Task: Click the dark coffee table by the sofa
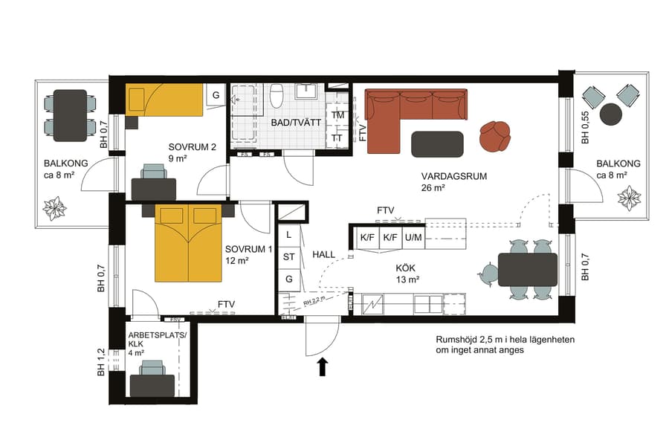point(437,143)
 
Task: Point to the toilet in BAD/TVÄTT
point(277,97)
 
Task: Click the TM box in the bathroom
point(337,116)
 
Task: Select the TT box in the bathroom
point(337,138)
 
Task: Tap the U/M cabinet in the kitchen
point(413,238)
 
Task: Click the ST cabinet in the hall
point(289,257)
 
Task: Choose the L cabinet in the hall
point(289,235)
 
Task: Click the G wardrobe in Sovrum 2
point(216,95)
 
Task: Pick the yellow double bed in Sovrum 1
point(188,243)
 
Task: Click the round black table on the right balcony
point(611,114)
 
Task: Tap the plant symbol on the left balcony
point(55,208)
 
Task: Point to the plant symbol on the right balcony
point(629,198)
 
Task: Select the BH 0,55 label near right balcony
point(585,127)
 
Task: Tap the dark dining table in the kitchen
point(527,269)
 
